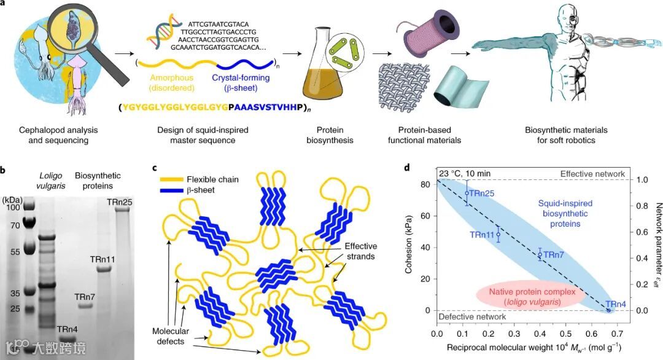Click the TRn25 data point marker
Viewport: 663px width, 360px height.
[467, 193]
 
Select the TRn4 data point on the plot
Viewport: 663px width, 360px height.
[608, 310]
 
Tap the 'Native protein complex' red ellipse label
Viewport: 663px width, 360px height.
[528, 297]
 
